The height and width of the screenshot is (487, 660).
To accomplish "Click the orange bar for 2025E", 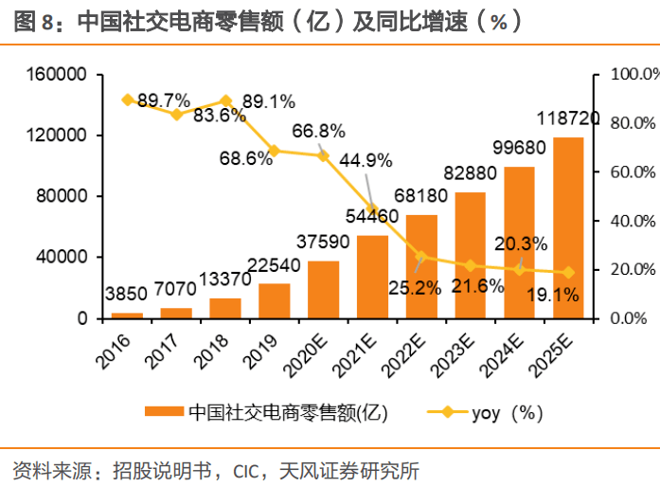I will click(568, 227).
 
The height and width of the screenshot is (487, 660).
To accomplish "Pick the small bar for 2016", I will click(127, 315).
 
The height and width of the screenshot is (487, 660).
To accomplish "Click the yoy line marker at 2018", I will click(225, 100).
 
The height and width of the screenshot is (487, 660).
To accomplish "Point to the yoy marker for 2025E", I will click(568, 273).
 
